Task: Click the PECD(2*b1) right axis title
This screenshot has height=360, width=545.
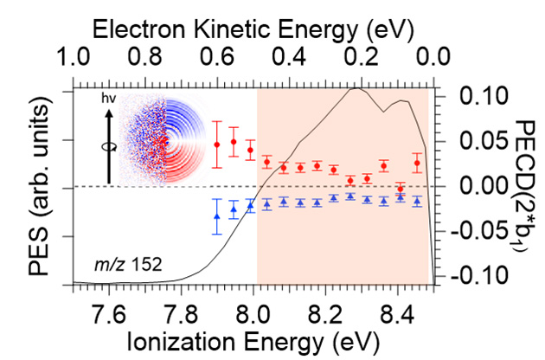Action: click(x=526, y=186)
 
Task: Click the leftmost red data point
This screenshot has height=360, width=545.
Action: click(x=217, y=144)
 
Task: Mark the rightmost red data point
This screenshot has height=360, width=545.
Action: click(x=417, y=163)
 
